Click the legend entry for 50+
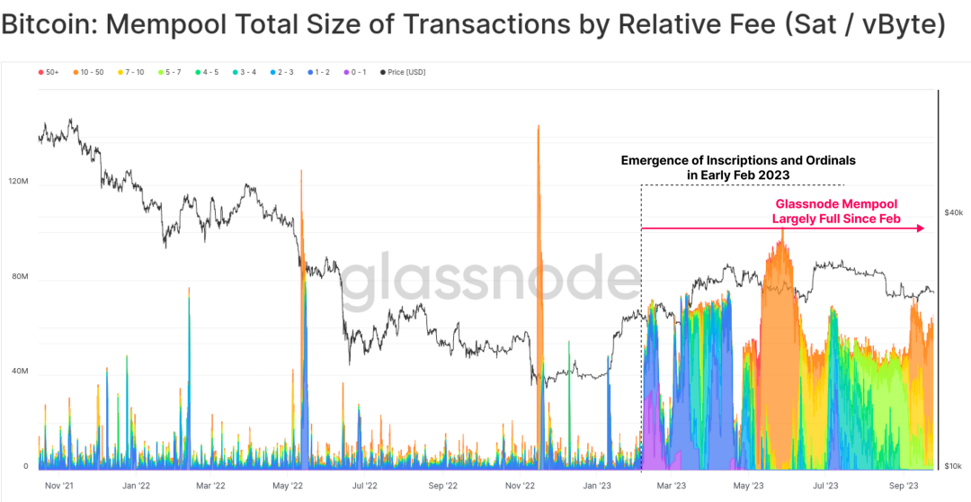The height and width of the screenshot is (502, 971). coord(50,72)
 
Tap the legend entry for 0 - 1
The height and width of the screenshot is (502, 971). coord(356,72)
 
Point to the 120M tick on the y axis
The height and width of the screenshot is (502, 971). coord(19,182)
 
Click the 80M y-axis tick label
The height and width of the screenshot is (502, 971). coord(21,277)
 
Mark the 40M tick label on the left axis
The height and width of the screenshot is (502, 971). coord(21,372)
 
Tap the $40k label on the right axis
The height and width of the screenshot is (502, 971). coord(954,212)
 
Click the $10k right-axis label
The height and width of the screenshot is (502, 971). coord(954,466)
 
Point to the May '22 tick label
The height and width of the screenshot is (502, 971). coord(288,485)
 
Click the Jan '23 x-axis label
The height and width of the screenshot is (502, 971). coord(598,485)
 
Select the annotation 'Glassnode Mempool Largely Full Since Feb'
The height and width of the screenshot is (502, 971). coord(836,211)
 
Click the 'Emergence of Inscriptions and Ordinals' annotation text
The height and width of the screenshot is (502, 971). coord(738,160)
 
